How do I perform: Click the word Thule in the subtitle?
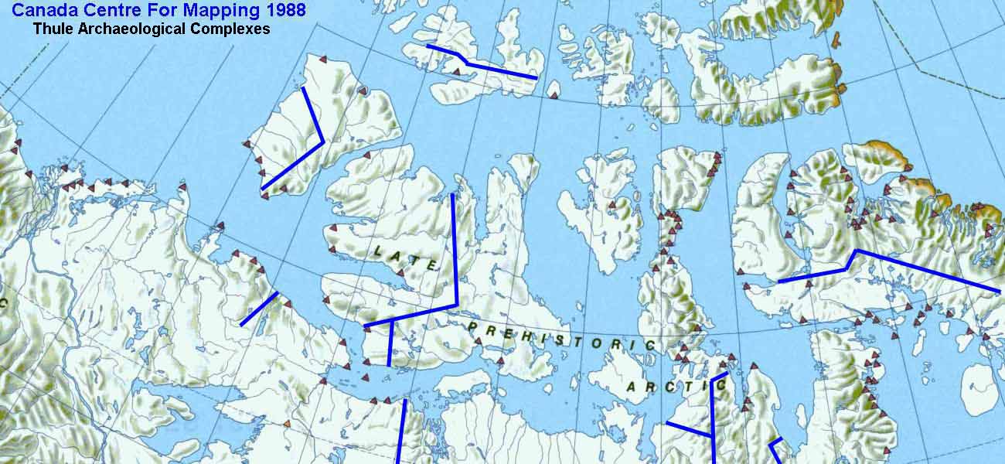(x=52, y=29)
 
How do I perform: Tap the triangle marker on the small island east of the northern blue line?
(x=553, y=94)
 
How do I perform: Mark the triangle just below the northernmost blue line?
(x=456, y=72)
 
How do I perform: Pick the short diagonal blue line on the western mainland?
(x=259, y=309)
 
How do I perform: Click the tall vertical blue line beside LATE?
(x=454, y=247)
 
